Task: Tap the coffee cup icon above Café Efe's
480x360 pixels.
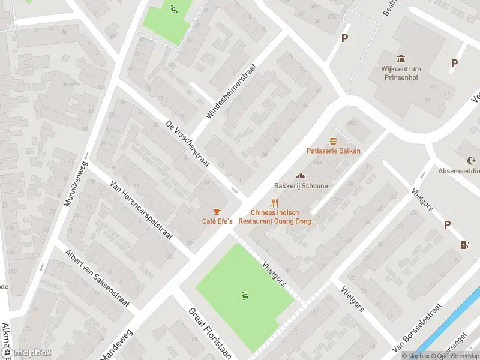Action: tap(217, 211)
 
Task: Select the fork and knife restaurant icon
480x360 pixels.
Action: tap(275, 203)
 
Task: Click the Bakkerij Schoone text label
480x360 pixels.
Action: tap(301, 186)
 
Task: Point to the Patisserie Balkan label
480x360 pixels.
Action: tap(334, 151)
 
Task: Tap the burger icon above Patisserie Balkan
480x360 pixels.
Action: tap(334, 140)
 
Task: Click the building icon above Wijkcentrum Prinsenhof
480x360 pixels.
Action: tap(401, 58)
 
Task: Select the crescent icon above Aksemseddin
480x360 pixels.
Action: tap(470, 160)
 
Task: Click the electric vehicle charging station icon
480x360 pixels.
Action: tap(463, 245)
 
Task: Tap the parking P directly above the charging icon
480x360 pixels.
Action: tap(447, 224)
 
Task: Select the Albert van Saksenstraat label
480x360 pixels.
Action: tap(97, 278)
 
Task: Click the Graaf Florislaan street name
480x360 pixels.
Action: tap(209, 333)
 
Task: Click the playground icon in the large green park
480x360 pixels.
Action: tap(244, 295)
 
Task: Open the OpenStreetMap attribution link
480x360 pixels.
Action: tap(454, 356)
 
